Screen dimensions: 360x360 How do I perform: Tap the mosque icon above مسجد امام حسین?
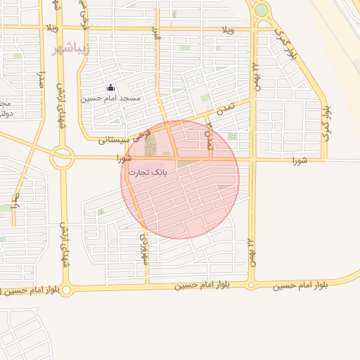(110, 88)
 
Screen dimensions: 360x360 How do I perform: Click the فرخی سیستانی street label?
(125, 138)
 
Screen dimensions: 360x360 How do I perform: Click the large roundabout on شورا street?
(62, 157)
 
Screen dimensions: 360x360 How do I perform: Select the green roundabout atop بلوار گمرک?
(261, 11)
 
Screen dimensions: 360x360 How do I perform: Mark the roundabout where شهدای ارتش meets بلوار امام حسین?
(67, 288)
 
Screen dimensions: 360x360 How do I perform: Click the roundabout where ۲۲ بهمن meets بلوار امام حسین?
(251, 285)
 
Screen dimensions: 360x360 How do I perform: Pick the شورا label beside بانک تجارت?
(128, 159)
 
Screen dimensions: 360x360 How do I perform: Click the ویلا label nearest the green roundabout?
(228, 30)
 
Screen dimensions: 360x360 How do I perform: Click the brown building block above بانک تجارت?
(150, 146)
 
